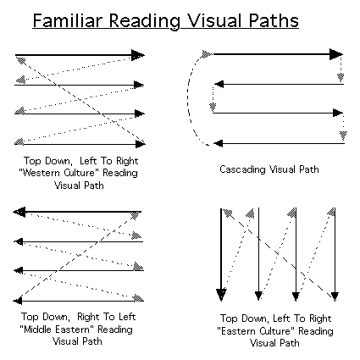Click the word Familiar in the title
[x=68, y=20]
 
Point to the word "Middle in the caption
[x=36, y=330]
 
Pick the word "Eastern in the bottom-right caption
[x=235, y=331]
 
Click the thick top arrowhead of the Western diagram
[x=138, y=55]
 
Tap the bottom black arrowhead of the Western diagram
[x=141, y=144]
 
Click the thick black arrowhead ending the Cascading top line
[x=336, y=54]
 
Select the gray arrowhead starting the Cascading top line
[x=207, y=54]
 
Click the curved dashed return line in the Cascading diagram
[x=188, y=99]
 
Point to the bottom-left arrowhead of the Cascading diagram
[x=218, y=143]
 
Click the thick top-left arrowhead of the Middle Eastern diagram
[x=19, y=212]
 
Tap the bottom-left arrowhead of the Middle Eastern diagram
[x=18, y=301]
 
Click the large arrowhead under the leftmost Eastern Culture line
[x=221, y=295]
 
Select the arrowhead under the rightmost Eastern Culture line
[x=335, y=296]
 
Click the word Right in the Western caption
[x=127, y=161]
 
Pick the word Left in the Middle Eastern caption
[x=127, y=317]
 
